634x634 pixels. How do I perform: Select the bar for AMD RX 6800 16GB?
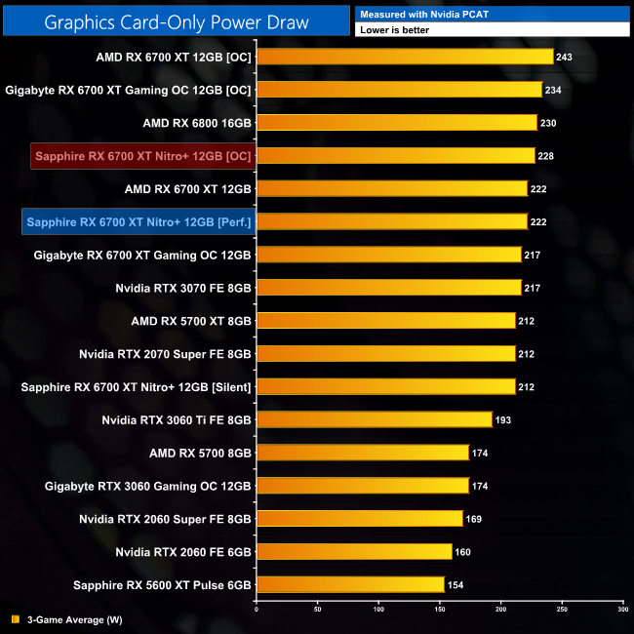point(396,123)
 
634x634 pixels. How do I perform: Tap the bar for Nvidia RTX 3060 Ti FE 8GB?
point(374,419)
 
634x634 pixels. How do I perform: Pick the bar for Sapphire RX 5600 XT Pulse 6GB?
point(349,585)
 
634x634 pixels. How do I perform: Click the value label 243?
point(564,57)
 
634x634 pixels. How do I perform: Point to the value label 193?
point(502,419)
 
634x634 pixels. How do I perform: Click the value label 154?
point(455,585)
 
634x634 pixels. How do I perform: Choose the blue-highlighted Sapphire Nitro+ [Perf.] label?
point(139,221)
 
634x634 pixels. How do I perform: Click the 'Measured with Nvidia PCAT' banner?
point(493,14)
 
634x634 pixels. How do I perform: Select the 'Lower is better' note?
point(493,30)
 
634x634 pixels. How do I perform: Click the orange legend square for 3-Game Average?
point(16,618)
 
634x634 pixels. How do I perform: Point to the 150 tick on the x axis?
point(439,609)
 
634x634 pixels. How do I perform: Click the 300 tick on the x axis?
point(622,609)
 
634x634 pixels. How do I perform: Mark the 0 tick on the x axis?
point(257,609)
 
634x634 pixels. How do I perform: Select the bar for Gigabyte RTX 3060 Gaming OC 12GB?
point(362,486)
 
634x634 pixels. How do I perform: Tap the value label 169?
point(473,519)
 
